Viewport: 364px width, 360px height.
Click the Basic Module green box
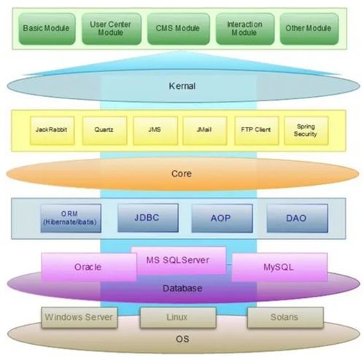[x=47, y=29]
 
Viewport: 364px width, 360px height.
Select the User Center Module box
[x=112, y=29]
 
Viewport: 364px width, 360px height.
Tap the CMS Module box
[x=179, y=29]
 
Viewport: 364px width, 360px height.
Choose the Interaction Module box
[x=245, y=29]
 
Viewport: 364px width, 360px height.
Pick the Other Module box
[x=309, y=29]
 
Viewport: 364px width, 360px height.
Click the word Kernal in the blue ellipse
[x=182, y=86]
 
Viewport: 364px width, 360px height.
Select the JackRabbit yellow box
[x=52, y=130]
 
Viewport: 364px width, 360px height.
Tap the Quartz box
[x=104, y=130]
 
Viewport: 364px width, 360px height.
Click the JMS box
[x=155, y=130]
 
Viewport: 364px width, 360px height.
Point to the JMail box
[x=205, y=130]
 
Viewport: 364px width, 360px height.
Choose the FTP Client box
[x=257, y=130]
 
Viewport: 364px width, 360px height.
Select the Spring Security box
[x=306, y=130]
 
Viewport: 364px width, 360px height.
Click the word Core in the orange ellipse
[x=182, y=173]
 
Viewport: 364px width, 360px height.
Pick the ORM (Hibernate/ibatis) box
[x=71, y=218]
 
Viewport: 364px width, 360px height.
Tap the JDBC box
[x=148, y=218]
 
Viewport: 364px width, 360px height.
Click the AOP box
[x=222, y=218]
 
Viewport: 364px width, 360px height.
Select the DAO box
[x=297, y=218]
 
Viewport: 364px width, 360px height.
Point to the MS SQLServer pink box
[x=179, y=261]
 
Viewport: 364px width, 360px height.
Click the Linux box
[x=178, y=318]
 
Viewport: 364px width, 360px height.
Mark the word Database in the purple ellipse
[x=182, y=289]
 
